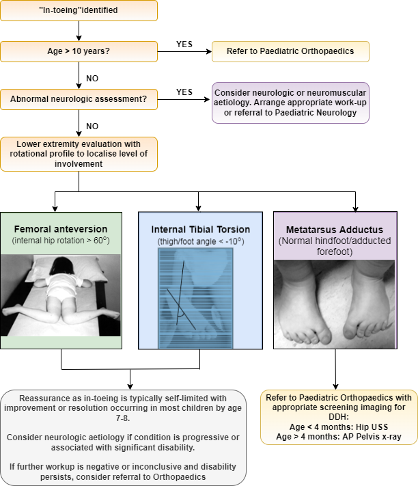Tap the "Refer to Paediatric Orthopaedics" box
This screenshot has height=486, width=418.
[291, 51]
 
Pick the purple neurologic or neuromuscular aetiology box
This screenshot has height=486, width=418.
[291, 103]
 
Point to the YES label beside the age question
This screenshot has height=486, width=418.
[184, 44]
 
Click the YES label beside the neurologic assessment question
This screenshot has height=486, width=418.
[184, 92]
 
